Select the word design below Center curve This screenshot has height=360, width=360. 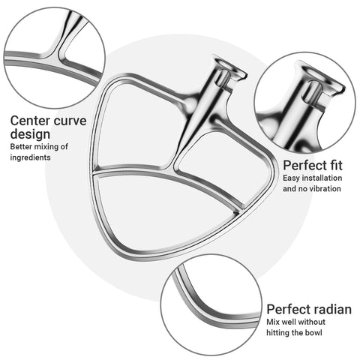point(30,134)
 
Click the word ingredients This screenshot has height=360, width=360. point(30,157)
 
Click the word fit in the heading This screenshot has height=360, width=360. point(334,166)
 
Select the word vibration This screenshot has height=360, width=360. point(322,188)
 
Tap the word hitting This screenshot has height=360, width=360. point(275,333)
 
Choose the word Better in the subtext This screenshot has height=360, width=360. point(21,146)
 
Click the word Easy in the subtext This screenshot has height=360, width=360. point(291,178)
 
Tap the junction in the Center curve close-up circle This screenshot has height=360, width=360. point(58,54)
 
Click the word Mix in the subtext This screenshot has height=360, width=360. point(273,322)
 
